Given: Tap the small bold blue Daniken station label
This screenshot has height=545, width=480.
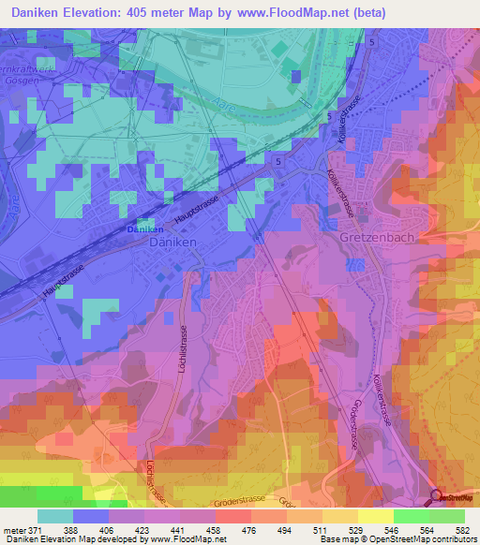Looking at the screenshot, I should tap(144, 229).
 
